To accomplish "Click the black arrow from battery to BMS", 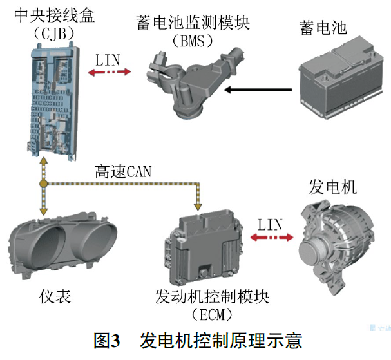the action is pyautogui.click(x=258, y=90).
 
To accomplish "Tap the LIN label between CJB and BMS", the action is pyautogui.click(x=108, y=60).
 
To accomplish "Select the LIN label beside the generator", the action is pyautogui.click(x=271, y=224).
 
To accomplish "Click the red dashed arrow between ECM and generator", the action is pyautogui.click(x=272, y=238).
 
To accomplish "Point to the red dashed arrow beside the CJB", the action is pyautogui.click(x=110, y=72).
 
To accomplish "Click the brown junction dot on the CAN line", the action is pyautogui.click(x=43, y=184).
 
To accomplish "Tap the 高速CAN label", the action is pyautogui.click(x=123, y=171).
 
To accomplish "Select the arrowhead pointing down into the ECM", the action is pyautogui.click(x=198, y=207).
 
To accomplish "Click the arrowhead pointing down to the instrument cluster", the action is pyautogui.click(x=44, y=211).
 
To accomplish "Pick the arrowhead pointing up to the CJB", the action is pyautogui.click(x=44, y=161).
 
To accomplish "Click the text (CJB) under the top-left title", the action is pyautogui.click(x=54, y=33).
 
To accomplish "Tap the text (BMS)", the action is pyautogui.click(x=193, y=41).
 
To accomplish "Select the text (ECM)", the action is pyautogui.click(x=212, y=315).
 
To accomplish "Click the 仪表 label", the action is pyautogui.click(x=55, y=297).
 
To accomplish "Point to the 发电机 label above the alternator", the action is pyautogui.click(x=332, y=187).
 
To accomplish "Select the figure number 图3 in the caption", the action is pyautogui.click(x=107, y=341).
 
